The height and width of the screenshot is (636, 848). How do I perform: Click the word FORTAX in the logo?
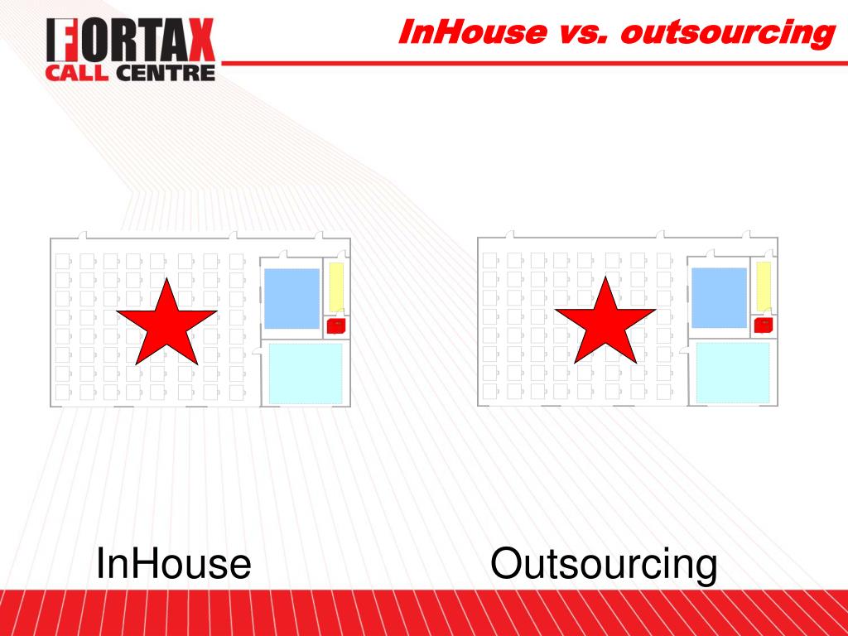tap(130, 41)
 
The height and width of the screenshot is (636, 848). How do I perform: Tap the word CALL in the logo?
tap(77, 73)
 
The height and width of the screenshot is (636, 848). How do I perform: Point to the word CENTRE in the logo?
tap(166, 73)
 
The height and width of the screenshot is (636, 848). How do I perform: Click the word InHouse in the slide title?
tap(473, 32)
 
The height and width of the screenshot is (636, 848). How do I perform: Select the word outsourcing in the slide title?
tap(728, 33)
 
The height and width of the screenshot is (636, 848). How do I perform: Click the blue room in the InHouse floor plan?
tap(291, 298)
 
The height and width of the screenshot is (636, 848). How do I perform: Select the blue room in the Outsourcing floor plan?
tap(720, 297)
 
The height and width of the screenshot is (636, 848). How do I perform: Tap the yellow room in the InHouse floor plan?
tap(336, 287)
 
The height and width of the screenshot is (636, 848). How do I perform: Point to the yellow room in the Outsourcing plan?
tap(764, 287)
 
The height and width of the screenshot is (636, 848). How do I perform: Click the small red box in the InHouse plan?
tap(336, 326)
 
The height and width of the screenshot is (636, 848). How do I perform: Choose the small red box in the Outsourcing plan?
tap(763, 325)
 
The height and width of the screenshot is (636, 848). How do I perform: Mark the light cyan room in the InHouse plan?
tap(306, 373)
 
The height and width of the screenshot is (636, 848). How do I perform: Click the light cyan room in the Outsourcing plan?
tap(733, 373)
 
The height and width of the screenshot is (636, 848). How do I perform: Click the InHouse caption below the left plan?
tap(173, 563)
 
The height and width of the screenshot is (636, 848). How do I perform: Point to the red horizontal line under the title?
tap(535, 63)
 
